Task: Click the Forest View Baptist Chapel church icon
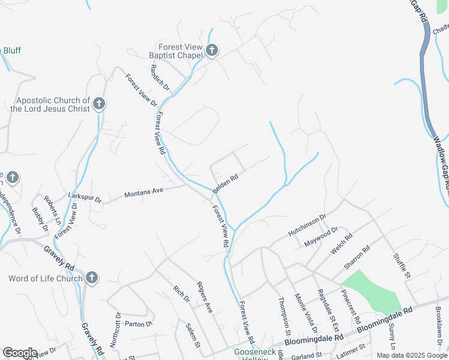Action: point(211,51)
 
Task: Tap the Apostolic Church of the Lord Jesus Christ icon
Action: point(99,104)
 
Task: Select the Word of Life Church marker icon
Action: point(91,278)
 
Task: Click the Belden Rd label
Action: point(225,182)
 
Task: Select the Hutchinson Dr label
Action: point(307,224)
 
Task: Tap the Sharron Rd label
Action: point(357,257)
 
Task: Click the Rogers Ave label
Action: point(205,297)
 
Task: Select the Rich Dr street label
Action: point(181,295)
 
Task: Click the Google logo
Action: point(20,353)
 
